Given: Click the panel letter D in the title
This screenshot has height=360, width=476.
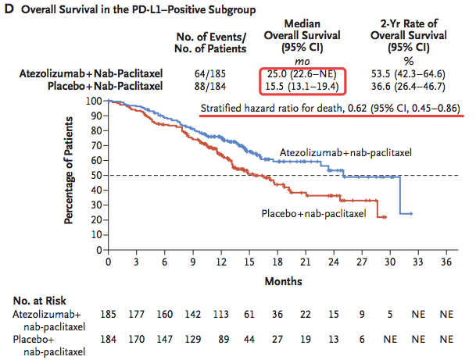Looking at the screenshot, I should point(8,9).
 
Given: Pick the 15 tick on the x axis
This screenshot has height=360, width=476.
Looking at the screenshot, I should point(249,261).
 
